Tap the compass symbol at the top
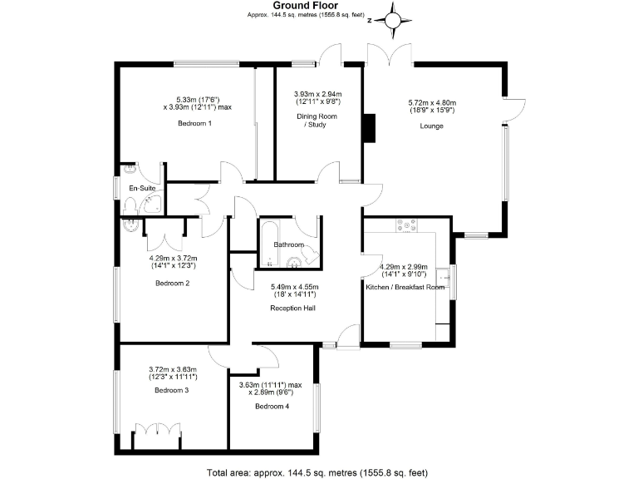click(395, 18)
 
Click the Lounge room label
click(431, 126)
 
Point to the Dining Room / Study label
click(317, 121)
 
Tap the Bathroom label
click(289, 245)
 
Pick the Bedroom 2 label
click(173, 283)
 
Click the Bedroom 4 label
click(272, 407)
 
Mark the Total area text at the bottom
click(317, 472)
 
